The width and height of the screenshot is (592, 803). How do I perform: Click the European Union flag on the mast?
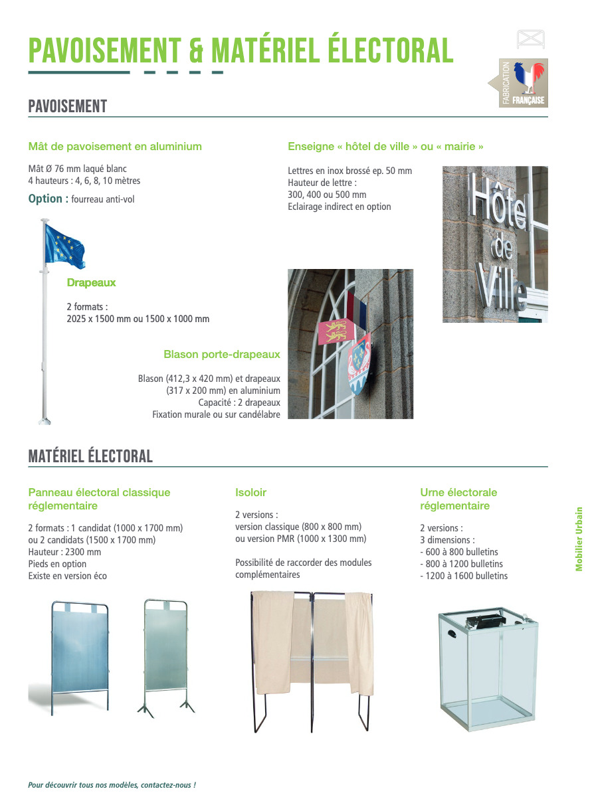point(64,244)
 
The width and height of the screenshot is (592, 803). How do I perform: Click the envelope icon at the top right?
point(530,39)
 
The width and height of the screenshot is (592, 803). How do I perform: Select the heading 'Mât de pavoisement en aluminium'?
point(115,146)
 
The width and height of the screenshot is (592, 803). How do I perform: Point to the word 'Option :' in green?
point(48,199)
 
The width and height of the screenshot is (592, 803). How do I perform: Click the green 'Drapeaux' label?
point(91,283)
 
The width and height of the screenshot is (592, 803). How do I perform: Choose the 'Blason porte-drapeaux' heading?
point(222,355)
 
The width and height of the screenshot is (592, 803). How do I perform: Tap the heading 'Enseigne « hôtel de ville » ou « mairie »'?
point(385,146)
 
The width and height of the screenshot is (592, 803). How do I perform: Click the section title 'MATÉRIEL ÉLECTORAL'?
point(90,456)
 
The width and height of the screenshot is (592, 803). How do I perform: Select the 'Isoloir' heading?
point(250,493)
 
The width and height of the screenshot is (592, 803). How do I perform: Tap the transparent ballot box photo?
point(486,671)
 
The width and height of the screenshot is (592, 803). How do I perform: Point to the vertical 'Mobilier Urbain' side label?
point(579,539)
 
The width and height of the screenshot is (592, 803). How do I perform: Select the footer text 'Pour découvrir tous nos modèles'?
point(112,785)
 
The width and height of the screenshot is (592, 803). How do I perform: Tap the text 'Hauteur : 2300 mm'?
point(64,552)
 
